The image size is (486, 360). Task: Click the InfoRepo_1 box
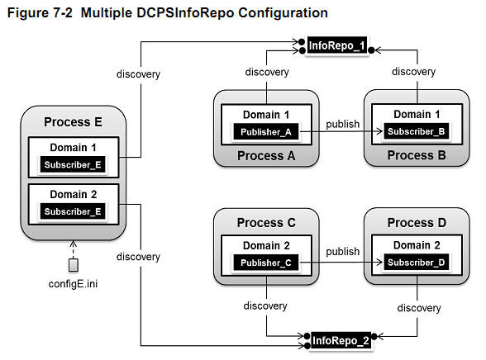(x=337, y=45)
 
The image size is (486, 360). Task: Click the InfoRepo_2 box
(x=341, y=340)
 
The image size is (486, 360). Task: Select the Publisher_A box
(x=266, y=132)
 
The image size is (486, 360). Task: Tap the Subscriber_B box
(x=417, y=131)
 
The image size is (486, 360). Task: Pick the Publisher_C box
(x=266, y=263)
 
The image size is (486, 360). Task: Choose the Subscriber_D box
(x=417, y=263)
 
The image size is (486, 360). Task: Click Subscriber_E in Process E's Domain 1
(x=73, y=164)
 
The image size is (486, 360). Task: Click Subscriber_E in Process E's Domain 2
(x=73, y=211)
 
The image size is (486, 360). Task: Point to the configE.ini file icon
(x=73, y=265)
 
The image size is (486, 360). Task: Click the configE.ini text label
(x=73, y=284)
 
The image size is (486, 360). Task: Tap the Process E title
(x=73, y=121)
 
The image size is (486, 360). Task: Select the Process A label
(x=266, y=156)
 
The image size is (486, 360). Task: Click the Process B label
(x=417, y=155)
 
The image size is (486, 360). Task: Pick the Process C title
(x=266, y=223)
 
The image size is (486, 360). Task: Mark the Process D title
(x=417, y=223)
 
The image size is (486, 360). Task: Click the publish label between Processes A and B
(x=342, y=124)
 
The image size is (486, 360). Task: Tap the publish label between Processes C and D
(x=342, y=251)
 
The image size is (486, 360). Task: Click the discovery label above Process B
(x=413, y=72)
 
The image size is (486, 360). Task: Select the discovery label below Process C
(x=265, y=306)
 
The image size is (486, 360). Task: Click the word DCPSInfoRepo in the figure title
(x=185, y=13)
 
